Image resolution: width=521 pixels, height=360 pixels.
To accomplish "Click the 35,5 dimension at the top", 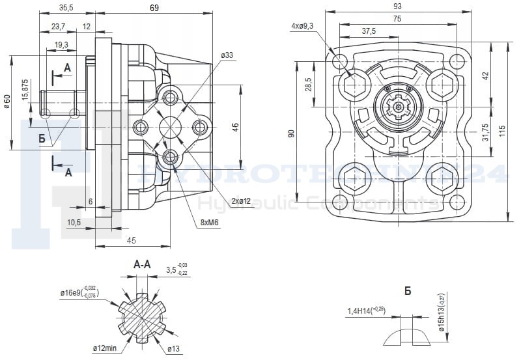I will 65,8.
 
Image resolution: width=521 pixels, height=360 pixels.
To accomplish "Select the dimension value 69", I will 154,8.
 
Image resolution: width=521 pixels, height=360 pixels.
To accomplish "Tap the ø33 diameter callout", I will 227,55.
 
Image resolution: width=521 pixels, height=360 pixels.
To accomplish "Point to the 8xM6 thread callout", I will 210,223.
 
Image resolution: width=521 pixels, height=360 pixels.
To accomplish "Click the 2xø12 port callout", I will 240,201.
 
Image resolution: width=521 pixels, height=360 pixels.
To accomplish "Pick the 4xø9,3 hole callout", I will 302,26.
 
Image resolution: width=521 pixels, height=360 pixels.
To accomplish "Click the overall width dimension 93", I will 397,6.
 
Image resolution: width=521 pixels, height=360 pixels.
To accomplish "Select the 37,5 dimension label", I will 369,31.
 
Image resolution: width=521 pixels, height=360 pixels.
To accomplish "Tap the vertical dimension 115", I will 501,130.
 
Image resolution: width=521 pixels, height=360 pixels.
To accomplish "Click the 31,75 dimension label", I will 485,132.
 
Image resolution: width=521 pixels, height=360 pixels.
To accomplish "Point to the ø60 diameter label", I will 7,102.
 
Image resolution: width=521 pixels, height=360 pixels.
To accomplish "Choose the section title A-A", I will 143,265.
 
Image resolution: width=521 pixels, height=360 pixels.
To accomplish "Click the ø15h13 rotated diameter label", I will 442,313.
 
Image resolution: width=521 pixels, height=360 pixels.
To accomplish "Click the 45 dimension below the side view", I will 131,241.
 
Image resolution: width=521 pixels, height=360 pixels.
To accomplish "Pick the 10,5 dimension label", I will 74,222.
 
